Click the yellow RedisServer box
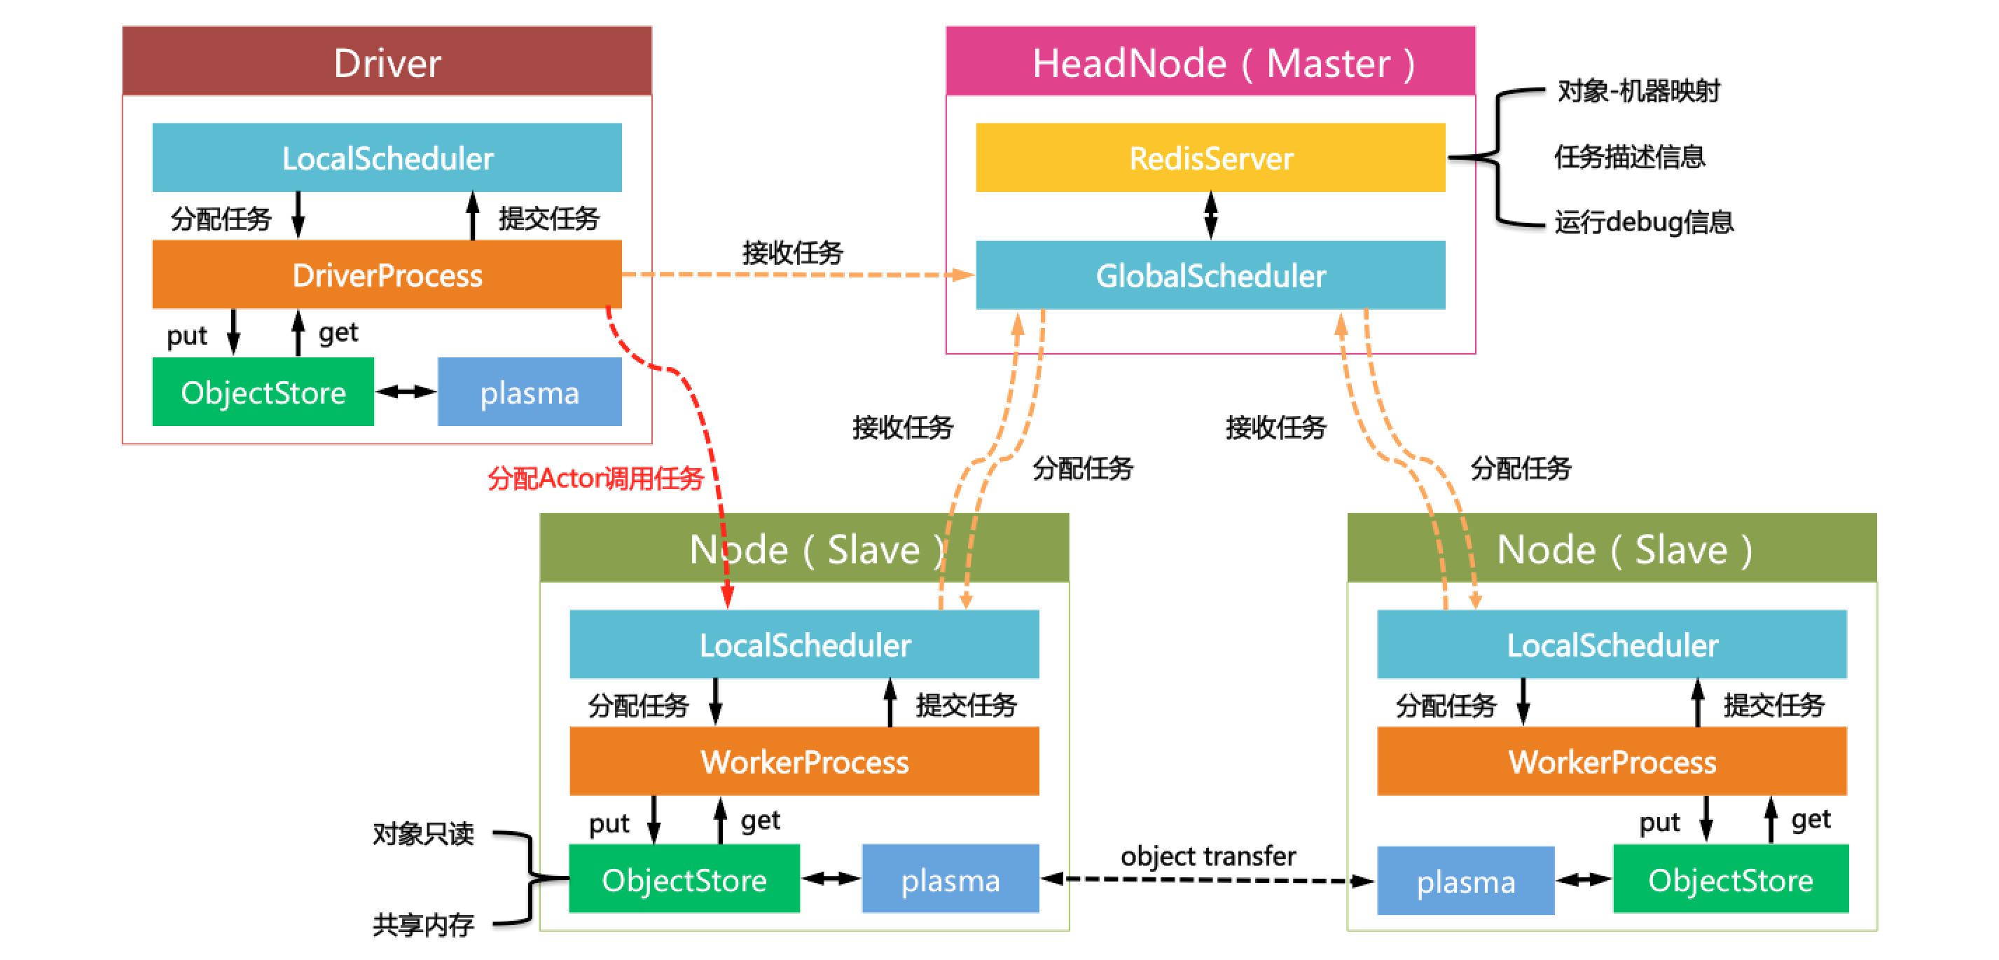click(x=1210, y=158)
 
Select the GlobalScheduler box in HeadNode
click(x=1210, y=275)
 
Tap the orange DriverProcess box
click(x=387, y=275)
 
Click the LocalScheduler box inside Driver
click(x=387, y=158)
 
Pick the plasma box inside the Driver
click(x=530, y=392)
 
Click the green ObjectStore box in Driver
click(x=263, y=392)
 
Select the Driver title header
click(x=387, y=62)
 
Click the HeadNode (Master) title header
click(x=1210, y=62)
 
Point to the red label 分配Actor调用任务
click(x=595, y=478)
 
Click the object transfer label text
click(x=1208, y=856)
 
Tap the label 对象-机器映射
click(x=1638, y=92)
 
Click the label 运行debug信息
click(x=1644, y=223)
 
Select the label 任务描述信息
click(x=1629, y=158)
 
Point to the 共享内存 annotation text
click(x=423, y=924)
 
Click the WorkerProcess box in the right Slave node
click(x=1612, y=762)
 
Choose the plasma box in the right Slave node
click(x=1465, y=882)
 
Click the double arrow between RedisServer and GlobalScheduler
click(x=1210, y=216)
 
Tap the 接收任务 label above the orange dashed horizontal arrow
click(x=792, y=253)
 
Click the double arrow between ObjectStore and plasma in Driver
click(x=406, y=392)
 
